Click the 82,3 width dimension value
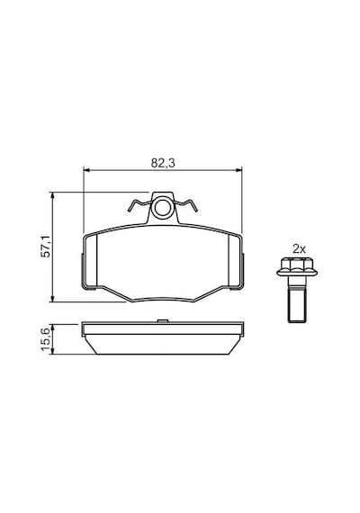(x=163, y=163)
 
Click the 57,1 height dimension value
(x=46, y=246)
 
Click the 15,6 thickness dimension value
(x=46, y=339)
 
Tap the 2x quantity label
(x=299, y=249)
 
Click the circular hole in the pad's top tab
(x=163, y=208)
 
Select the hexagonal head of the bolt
(x=297, y=264)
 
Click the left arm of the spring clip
(x=139, y=204)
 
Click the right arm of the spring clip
(x=185, y=204)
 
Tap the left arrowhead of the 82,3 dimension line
(x=86, y=170)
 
